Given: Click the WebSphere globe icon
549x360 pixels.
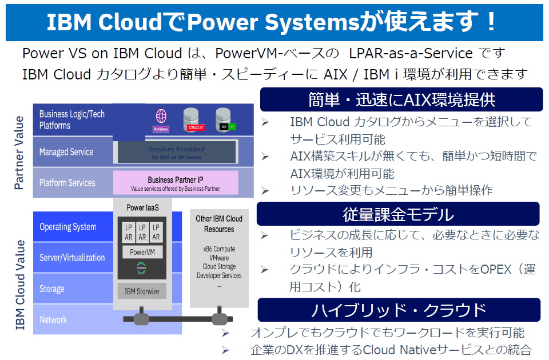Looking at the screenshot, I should click(161, 119).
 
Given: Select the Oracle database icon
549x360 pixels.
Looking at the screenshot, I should click(193, 119).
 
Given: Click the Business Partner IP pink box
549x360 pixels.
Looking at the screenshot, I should click(176, 183).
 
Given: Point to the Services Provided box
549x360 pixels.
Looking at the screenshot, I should click(176, 152).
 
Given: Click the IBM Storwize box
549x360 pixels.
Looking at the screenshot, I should click(142, 291).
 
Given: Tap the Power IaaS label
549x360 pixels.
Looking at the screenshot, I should click(142, 207).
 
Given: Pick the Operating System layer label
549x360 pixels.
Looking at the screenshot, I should click(68, 227).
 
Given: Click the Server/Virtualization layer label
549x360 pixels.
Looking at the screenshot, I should click(72, 258).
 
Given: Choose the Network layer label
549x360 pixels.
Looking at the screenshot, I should click(53, 319).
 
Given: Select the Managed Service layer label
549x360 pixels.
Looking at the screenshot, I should click(66, 152).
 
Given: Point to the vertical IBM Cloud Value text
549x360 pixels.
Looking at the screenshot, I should click(19, 285).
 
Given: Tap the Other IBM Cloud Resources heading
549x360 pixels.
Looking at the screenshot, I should click(219, 223).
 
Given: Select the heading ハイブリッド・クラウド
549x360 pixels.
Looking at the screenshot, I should click(399, 310).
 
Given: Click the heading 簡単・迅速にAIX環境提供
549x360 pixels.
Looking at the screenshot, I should click(401, 99).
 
